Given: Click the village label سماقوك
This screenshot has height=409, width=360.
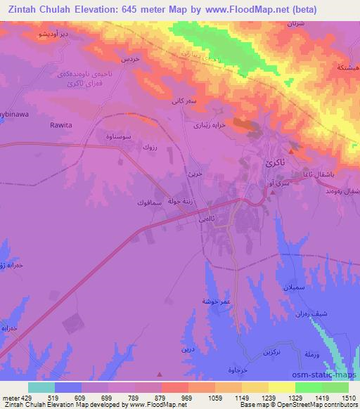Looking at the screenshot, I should pyautogui.click(x=150, y=202).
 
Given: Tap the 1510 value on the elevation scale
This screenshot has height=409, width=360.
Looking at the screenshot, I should pyautogui.click(x=349, y=397).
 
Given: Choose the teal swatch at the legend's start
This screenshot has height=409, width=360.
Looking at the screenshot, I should pyautogui.click(x=41, y=387).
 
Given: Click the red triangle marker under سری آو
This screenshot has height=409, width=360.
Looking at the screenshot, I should pyautogui.click(x=272, y=191).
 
